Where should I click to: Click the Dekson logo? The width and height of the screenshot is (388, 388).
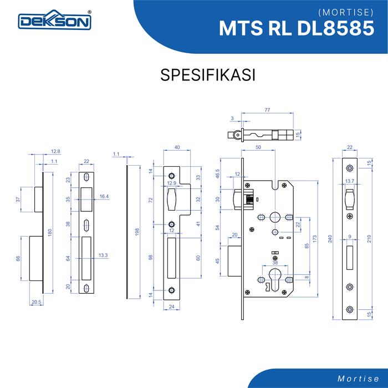coord(55,20)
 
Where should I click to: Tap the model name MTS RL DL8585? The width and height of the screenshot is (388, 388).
coord(297,28)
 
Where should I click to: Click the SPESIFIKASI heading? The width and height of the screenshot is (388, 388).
coord(208,75)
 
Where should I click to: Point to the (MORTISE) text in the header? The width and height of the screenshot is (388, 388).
coord(346,12)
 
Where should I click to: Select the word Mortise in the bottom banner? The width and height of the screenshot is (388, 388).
coord(358,379)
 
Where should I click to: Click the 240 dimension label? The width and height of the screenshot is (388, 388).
coord(330,239)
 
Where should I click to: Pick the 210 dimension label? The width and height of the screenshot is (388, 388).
coord(369,239)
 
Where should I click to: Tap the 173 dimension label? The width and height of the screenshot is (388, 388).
coord(314,239)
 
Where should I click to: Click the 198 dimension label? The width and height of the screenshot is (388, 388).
coord(137,232)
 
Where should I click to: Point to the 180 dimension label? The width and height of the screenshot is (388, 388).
coord(50,233)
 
